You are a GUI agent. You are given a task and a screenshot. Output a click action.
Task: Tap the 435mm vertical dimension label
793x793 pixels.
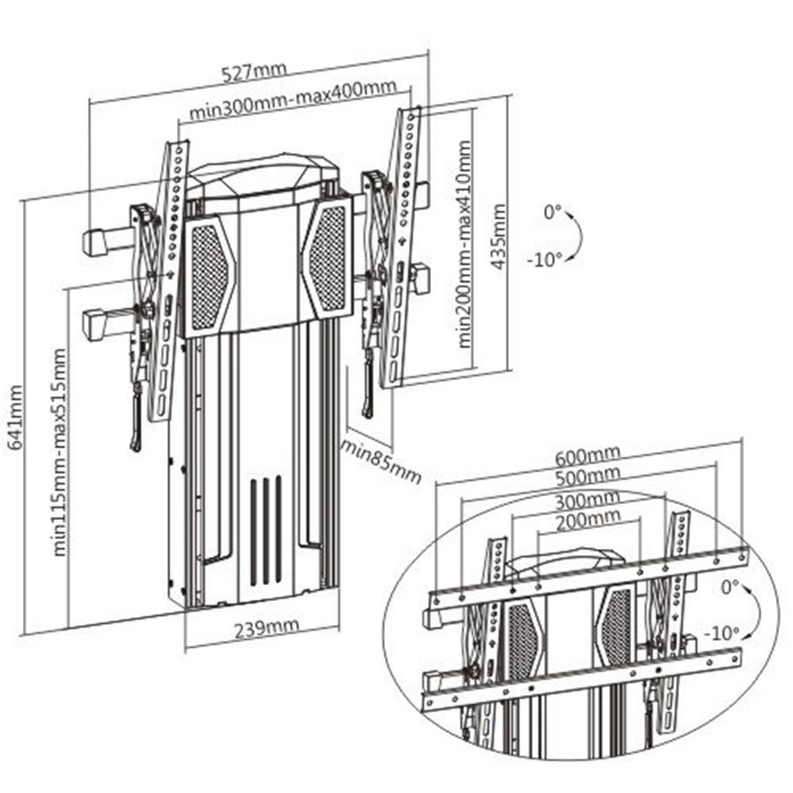tap(500, 237)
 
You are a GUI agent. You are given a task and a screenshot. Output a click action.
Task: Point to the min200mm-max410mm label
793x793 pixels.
tap(464, 242)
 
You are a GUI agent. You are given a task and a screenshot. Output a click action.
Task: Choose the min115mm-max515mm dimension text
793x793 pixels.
tap(60, 451)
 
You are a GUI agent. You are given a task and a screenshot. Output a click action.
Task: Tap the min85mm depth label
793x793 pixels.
tap(382, 460)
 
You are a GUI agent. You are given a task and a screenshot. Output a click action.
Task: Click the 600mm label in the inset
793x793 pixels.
tap(587, 456)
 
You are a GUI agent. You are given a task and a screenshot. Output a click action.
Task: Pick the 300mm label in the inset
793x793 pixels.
tap(587, 500)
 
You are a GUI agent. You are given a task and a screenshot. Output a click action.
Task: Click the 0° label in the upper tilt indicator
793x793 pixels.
tap(552, 212)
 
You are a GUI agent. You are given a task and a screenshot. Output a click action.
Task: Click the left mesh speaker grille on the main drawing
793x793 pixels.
tap(209, 275)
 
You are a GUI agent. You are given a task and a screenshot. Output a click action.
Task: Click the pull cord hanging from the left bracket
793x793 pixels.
tap(136, 419)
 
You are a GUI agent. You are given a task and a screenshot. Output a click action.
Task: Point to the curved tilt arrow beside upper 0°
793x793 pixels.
tap(575, 235)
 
